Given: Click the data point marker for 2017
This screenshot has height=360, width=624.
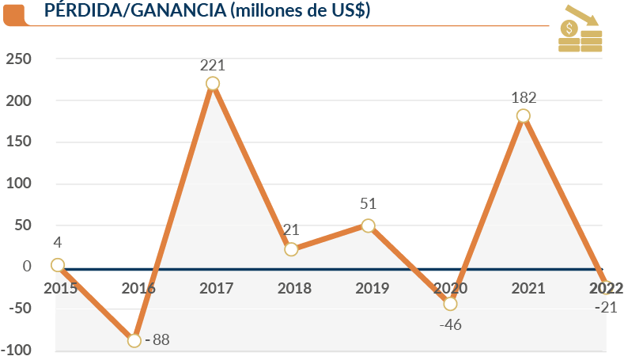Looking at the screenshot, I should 212,84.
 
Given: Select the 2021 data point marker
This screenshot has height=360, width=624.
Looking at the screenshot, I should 523,116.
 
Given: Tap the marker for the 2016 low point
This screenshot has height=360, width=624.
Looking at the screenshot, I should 134,340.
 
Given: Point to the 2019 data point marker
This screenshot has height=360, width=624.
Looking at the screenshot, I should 368,225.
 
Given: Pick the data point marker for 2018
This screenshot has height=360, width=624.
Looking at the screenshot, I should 291,249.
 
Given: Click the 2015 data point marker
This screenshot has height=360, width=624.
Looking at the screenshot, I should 57,265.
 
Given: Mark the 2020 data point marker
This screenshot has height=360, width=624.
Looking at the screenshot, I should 450,304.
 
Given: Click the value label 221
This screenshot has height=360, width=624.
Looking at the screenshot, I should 212,63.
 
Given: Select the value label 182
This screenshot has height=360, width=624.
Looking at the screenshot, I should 524,98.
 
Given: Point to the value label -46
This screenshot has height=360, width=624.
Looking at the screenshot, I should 451,324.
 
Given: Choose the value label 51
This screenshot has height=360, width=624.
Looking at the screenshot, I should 368,205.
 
